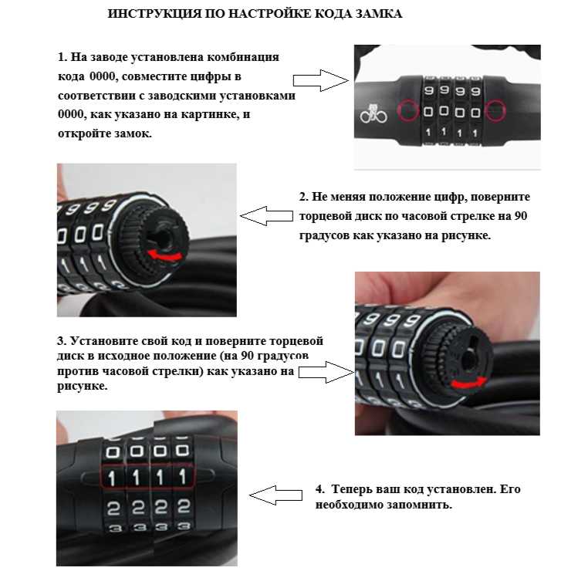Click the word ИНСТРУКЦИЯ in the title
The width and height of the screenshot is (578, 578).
tap(154, 14)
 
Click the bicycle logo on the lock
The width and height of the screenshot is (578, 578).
tap(374, 114)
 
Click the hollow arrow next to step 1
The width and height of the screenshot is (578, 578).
tap(320, 80)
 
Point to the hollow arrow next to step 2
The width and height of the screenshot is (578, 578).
tap(266, 216)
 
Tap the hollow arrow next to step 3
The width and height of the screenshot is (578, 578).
tap(326, 372)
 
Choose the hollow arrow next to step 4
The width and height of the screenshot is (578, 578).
tap(275, 495)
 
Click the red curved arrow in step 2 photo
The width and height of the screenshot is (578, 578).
tap(165, 256)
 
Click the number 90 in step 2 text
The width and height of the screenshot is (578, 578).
tap(520, 216)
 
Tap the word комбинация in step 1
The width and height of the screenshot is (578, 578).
tap(243, 58)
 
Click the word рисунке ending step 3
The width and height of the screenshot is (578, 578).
tap(83, 387)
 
